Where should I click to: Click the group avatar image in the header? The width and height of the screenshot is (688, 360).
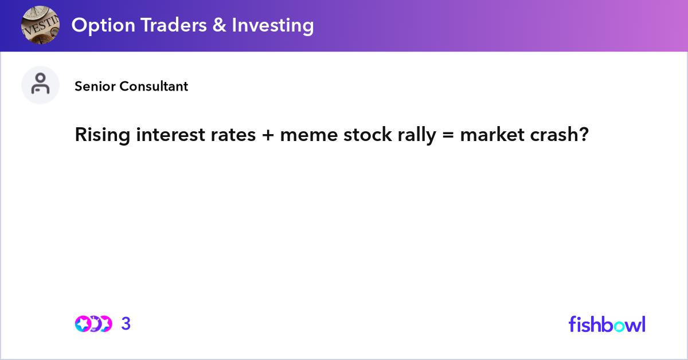tap(40, 25)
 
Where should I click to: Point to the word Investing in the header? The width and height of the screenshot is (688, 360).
tap(272, 25)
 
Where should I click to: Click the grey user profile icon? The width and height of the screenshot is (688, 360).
tap(40, 85)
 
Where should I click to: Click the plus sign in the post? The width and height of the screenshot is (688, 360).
tap(268, 135)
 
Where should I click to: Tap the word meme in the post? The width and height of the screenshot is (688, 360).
tap(306, 135)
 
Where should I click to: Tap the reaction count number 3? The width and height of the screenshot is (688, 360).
tap(126, 324)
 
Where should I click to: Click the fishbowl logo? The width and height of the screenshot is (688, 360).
tap(607, 324)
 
